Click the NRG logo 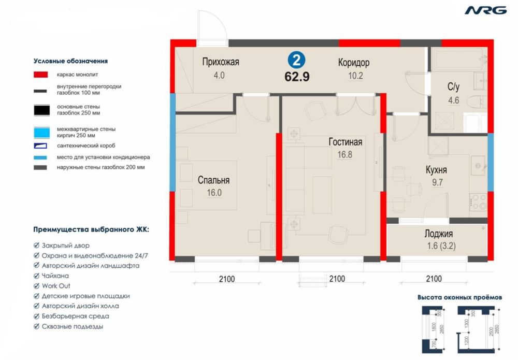pos(485,10)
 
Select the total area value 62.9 pos(297,76)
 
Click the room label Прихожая pos(220,63)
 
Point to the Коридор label pos(353,63)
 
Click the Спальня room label pos(213,180)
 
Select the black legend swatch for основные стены pos(42,110)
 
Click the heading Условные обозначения pos(70,61)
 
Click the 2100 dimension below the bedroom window pos(226,279)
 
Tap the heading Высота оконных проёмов pos(459,298)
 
